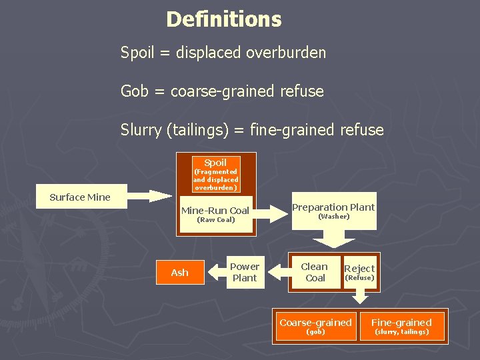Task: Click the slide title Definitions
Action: (224, 19)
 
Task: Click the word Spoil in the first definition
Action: (137, 53)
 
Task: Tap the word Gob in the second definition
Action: (135, 91)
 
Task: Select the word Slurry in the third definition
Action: (141, 130)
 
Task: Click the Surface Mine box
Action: (80, 197)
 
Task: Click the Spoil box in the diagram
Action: (215, 174)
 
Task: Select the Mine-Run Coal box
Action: (215, 214)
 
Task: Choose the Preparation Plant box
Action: (333, 211)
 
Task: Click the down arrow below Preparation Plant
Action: (333, 241)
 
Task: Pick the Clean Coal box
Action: (315, 272)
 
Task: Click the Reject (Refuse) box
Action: (359, 272)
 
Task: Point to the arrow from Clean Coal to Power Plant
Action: (275, 271)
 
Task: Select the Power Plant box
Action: (245, 272)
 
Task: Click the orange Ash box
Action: (180, 273)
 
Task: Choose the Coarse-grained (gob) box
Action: (315, 326)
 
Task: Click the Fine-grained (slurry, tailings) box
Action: (401, 326)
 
